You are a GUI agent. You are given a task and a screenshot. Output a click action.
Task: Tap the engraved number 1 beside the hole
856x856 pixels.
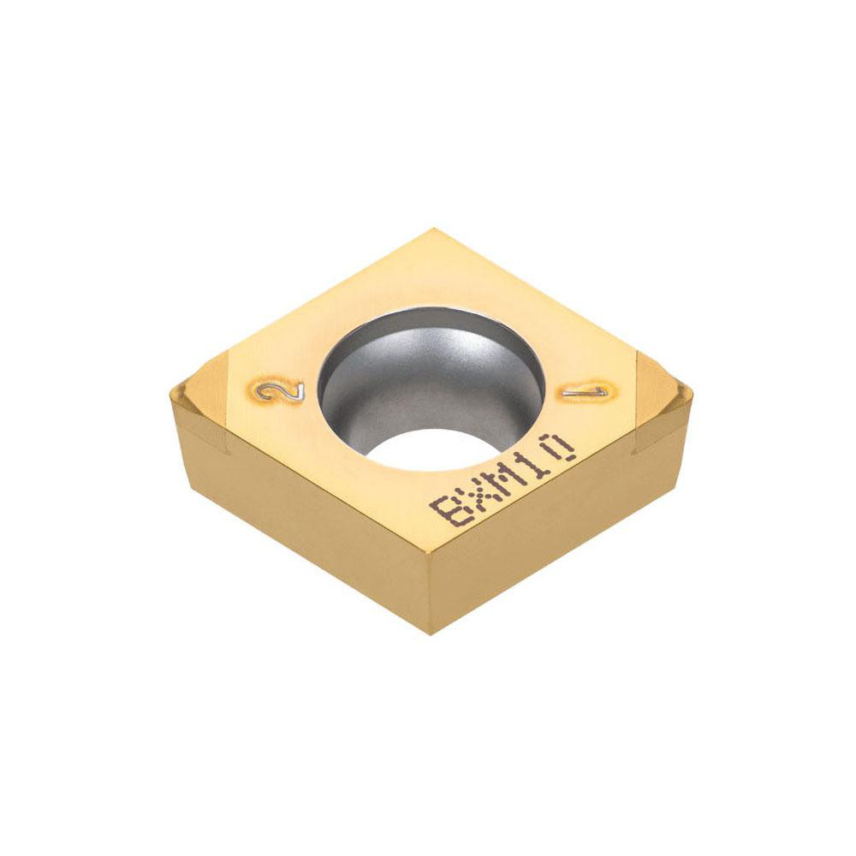tap(586, 391)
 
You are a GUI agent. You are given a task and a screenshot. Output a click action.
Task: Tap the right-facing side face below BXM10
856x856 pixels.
tap(556, 531)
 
